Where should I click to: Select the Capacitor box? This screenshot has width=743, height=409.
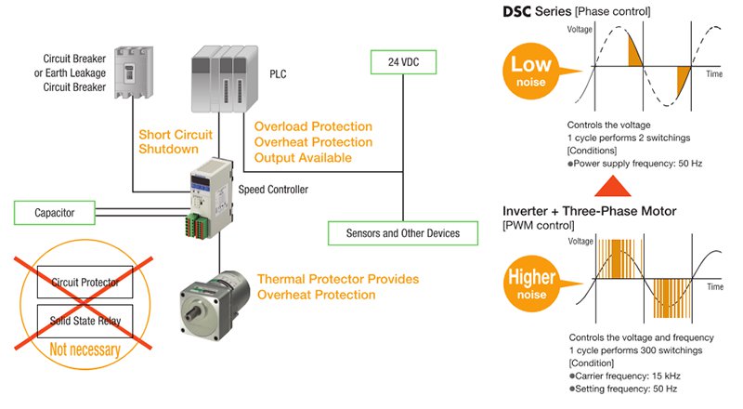(57, 213)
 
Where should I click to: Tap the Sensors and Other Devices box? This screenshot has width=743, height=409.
(404, 231)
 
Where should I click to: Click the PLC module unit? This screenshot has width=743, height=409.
(227, 73)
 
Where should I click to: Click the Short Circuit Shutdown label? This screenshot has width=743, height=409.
(176, 141)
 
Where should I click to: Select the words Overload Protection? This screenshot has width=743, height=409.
(313, 126)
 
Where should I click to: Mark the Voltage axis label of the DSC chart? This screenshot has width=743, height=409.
(580, 31)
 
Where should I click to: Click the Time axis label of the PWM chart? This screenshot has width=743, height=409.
(714, 288)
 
